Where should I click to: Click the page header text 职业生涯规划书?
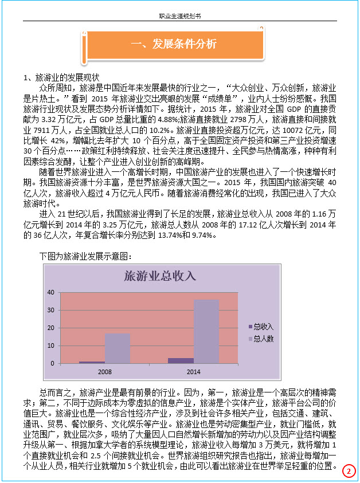point(179,16)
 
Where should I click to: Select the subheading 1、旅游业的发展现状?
point(61,77)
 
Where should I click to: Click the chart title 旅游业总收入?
point(161,277)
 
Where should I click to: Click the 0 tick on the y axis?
point(52,363)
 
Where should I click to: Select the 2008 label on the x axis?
point(104,371)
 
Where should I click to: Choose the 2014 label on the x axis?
point(193,371)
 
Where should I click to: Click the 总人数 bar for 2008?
point(117,348)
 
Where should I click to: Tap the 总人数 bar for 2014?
point(206,332)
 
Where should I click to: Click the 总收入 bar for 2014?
point(181,360)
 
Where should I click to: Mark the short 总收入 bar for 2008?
point(92,362)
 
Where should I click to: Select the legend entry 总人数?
point(263,339)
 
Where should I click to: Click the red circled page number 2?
point(348,471)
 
